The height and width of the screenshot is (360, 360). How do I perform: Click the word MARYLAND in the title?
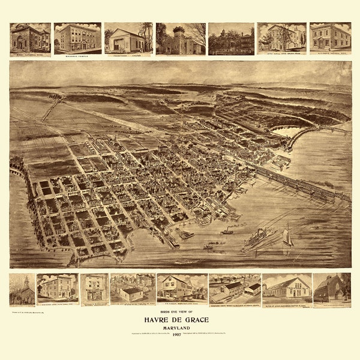click(181, 326)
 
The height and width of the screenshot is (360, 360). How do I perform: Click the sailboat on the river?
click(288, 237)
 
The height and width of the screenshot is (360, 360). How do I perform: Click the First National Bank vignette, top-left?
click(30, 38)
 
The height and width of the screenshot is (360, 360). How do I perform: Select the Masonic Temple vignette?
click(77, 38)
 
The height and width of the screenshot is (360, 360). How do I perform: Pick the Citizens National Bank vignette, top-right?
click(330, 38)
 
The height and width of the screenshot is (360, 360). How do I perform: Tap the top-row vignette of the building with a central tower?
click(180, 38)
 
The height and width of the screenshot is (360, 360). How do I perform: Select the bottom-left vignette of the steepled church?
click(22, 289)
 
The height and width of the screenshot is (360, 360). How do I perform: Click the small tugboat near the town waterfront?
click(227, 231)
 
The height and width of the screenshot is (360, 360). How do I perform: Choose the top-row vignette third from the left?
click(128, 38)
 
